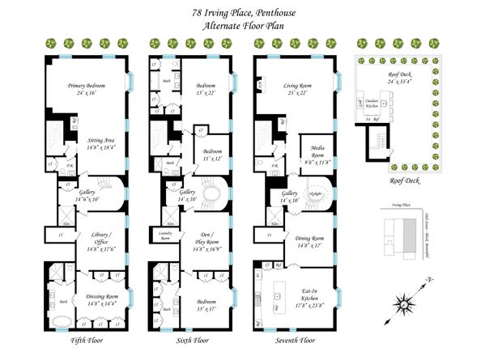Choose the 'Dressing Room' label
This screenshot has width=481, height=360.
click(97, 298)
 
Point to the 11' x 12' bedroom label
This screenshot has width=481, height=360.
click(206, 153)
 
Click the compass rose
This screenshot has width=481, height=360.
click(404, 303)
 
